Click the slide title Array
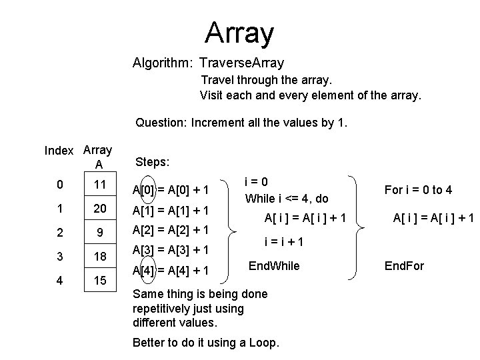(239, 32)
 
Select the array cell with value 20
(99, 209)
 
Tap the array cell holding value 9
(99, 234)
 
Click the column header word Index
(59, 151)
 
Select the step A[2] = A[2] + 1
(171, 230)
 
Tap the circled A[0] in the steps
(144, 191)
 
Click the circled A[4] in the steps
(144, 270)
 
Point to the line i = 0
(257, 181)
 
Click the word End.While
(274, 266)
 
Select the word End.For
(405, 267)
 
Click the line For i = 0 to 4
(419, 190)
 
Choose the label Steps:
(152, 161)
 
